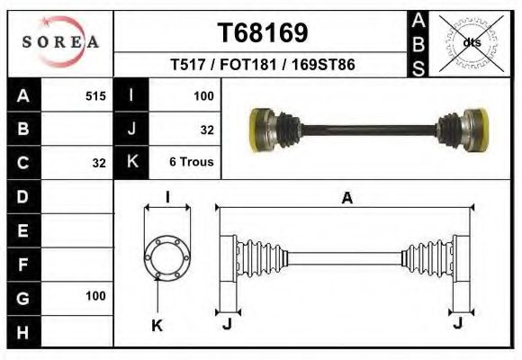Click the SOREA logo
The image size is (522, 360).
(x=60, y=41)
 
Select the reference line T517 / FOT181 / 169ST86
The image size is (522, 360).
(x=262, y=65)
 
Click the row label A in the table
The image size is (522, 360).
(x=23, y=95)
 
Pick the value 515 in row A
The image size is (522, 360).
(x=95, y=95)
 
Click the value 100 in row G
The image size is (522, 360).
(x=95, y=295)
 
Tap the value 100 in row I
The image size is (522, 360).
(x=202, y=95)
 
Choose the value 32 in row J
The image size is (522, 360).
(x=206, y=130)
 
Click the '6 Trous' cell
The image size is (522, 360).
(x=191, y=163)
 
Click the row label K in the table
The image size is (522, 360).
(x=132, y=163)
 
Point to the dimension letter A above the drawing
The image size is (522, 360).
(x=346, y=199)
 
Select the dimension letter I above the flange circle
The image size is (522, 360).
(x=167, y=198)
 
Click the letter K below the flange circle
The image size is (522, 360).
(x=157, y=326)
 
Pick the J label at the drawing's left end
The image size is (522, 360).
(x=227, y=325)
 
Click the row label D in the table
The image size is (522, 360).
(x=23, y=195)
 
